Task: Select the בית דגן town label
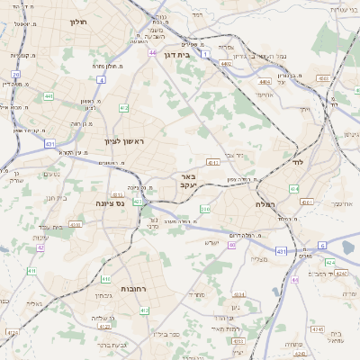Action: pyautogui.click(x=178, y=54)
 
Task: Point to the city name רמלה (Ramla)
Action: pyautogui.click(x=264, y=205)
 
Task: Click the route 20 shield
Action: pyautogui.click(x=16, y=74)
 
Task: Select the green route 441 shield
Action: pyautogui.click(x=49, y=95)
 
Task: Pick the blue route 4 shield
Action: pyautogui.click(x=102, y=80)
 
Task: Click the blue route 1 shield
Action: pyautogui.click(x=206, y=55)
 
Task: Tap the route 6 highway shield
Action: pyautogui.click(x=321, y=245)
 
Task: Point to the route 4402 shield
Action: pyautogui.click(x=226, y=64)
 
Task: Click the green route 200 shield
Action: pyautogui.click(x=204, y=210)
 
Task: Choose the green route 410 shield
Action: pyautogui.click(x=106, y=278)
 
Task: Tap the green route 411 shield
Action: pyautogui.click(x=31, y=270)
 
